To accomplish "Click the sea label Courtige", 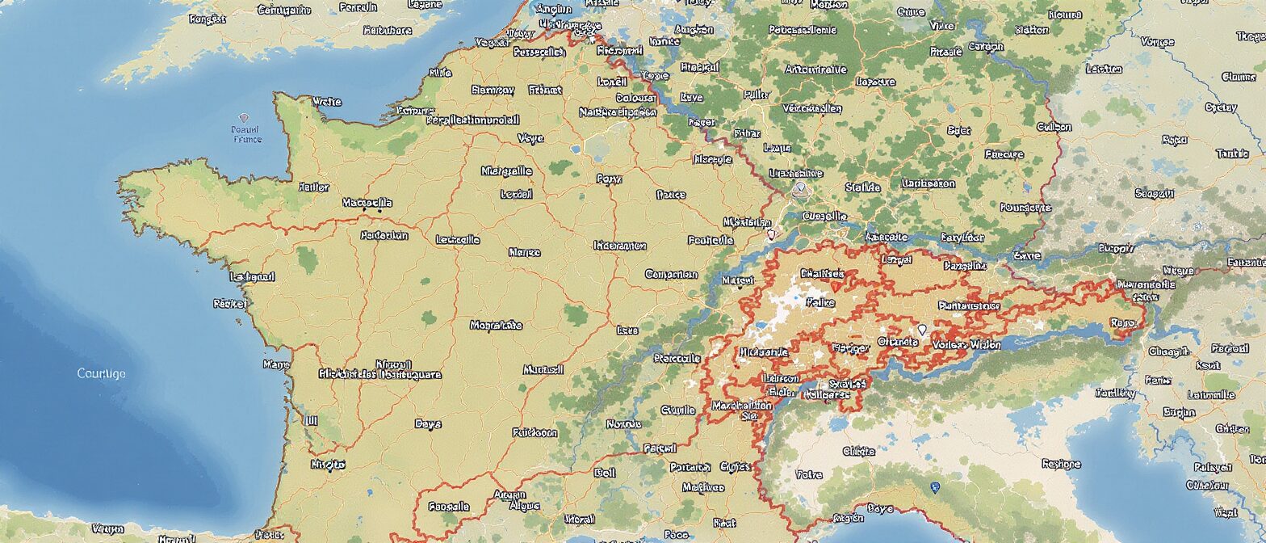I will [x=101, y=373].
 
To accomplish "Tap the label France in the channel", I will [x=247, y=139].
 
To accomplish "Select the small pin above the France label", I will [x=245, y=118].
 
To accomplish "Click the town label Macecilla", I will [x=367, y=202].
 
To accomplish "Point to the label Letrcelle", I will [x=458, y=240].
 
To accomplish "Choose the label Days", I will [x=428, y=423].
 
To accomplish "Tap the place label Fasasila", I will [x=450, y=507].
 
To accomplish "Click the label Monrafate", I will [x=496, y=326].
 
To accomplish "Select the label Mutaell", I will [x=543, y=370].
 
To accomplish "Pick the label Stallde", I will [x=862, y=187].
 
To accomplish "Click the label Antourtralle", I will [x=815, y=69].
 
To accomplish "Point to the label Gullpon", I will [x=1053, y=127].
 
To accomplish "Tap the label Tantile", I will [x=1231, y=154].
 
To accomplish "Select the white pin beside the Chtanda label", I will [x=922, y=330].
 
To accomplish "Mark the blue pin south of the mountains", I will [x=936, y=487].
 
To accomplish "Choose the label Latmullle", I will [x=1212, y=395].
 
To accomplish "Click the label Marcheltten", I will [x=742, y=406].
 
